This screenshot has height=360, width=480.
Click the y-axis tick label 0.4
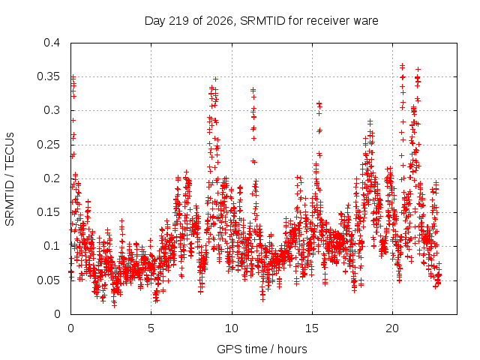tap(52, 43)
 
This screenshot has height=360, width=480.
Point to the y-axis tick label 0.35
tap(48, 76)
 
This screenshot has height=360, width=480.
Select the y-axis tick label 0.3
tap(52, 110)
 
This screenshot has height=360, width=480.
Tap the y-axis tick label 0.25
tap(48, 145)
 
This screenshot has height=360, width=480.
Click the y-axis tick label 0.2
tap(52, 178)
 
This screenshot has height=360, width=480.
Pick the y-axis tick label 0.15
tap(48, 212)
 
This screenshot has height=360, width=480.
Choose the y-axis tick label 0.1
tap(52, 246)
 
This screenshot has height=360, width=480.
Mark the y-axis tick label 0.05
tap(48, 280)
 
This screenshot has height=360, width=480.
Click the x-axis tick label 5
tap(151, 328)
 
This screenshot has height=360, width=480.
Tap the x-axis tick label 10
tap(232, 328)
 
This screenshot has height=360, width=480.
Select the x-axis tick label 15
tap(312, 328)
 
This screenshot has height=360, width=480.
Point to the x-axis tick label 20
tap(392, 328)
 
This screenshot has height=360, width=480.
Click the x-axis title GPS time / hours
tap(262, 349)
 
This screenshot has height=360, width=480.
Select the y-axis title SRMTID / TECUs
tap(10, 179)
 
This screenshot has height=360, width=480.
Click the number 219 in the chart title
tap(178, 21)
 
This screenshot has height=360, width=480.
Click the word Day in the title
tap(155, 21)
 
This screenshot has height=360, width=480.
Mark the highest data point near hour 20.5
tap(402, 65)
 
